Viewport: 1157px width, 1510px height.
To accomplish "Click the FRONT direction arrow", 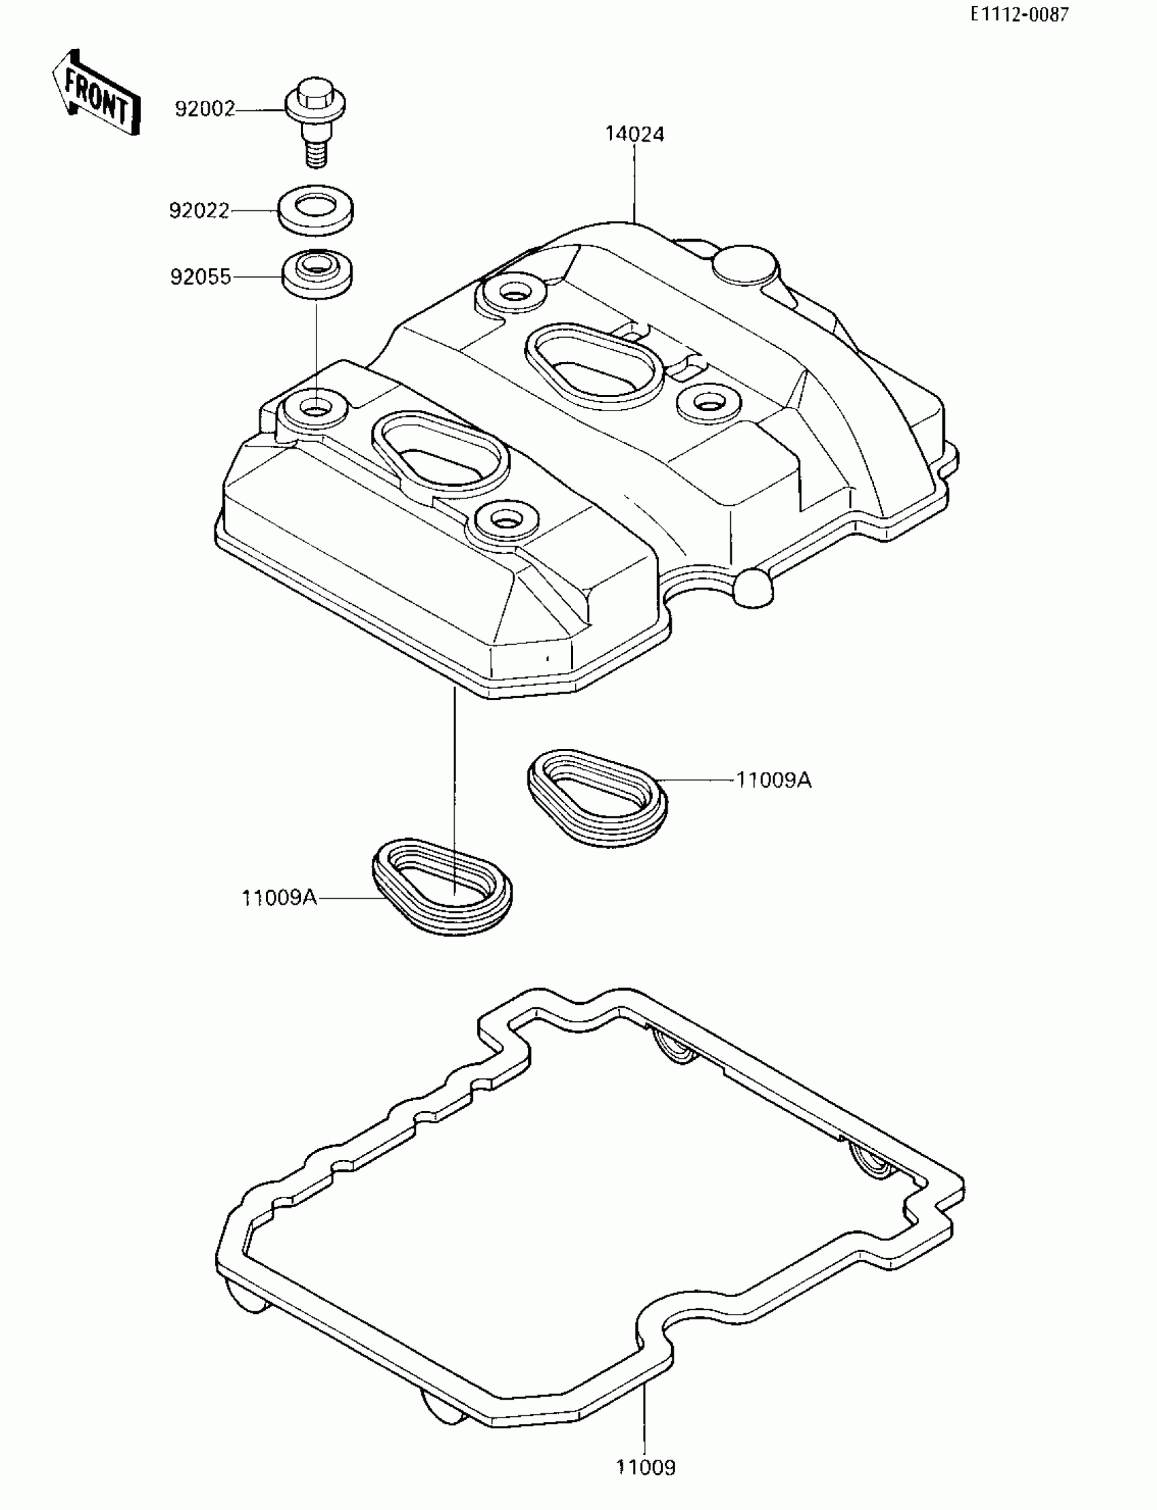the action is coord(97,94).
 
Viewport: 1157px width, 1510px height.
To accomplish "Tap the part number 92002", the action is coord(205,109).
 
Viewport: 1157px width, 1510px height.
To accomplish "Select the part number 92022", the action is coord(199,210).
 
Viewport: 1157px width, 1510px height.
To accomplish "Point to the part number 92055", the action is coord(200,277).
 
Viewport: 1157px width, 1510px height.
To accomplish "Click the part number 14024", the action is coord(634,133).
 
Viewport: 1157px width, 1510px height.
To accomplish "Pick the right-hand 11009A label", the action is coord(773,780).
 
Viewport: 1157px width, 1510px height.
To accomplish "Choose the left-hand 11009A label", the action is coord(279,898).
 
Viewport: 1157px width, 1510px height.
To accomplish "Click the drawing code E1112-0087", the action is coord(1020,15).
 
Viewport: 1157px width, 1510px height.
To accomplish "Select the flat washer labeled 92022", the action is coord(316,210).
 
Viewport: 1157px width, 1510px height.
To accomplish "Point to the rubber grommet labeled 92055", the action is coord(317,273).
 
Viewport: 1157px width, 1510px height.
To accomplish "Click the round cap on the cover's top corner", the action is coord(747,266).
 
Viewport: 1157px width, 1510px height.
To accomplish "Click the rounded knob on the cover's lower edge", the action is coord(754,588).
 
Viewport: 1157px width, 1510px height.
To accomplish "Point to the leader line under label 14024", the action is coord(634,182).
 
